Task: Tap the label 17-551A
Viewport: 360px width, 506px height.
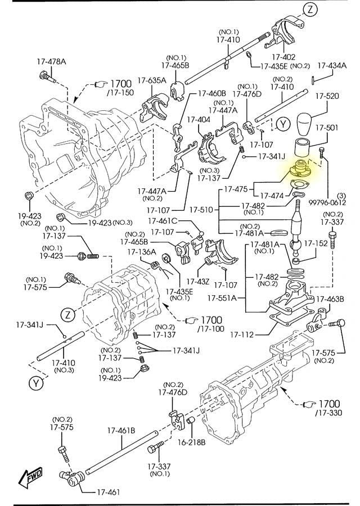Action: pos(222,297)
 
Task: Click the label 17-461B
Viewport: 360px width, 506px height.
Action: pos(121,431)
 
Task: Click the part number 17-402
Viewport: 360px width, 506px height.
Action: pos(283,57)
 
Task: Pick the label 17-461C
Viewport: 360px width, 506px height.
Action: pos(163,220)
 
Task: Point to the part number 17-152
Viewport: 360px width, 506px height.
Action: pos(317,243)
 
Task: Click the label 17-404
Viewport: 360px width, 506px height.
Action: pos(199,120)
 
